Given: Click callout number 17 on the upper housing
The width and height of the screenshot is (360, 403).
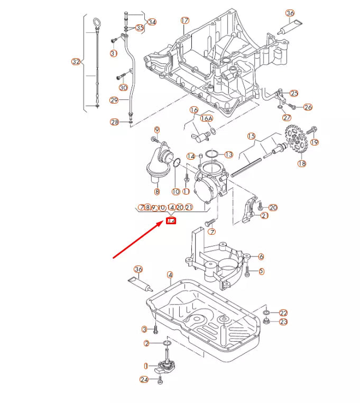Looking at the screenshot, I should [184, 21].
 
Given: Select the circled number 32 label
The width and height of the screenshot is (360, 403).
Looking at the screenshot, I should [76, 62].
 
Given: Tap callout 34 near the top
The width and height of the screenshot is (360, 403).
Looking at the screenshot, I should [152, 22].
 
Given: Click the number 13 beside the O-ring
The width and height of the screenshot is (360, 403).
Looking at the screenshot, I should [228, 154].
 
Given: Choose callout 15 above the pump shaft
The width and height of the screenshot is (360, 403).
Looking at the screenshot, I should [251, 136].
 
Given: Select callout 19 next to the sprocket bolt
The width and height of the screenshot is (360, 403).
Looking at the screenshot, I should [315, 142].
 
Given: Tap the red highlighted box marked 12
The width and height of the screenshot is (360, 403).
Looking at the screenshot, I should [171, 221].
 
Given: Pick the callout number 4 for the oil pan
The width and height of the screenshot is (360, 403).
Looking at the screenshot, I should [170, 274].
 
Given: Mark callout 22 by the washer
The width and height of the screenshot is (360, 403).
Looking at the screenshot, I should [283, 313].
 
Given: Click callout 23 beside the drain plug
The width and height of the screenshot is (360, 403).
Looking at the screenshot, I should [283, 322].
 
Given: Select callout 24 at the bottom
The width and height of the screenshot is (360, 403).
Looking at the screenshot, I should [144, 379].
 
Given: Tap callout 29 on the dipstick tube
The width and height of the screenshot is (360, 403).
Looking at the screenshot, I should [114, 100].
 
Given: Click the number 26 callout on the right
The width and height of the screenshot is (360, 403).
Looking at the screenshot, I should [308, 107].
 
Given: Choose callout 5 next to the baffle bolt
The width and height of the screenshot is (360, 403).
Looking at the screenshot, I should [261, 271].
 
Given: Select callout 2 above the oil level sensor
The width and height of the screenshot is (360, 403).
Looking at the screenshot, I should [146, 344].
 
